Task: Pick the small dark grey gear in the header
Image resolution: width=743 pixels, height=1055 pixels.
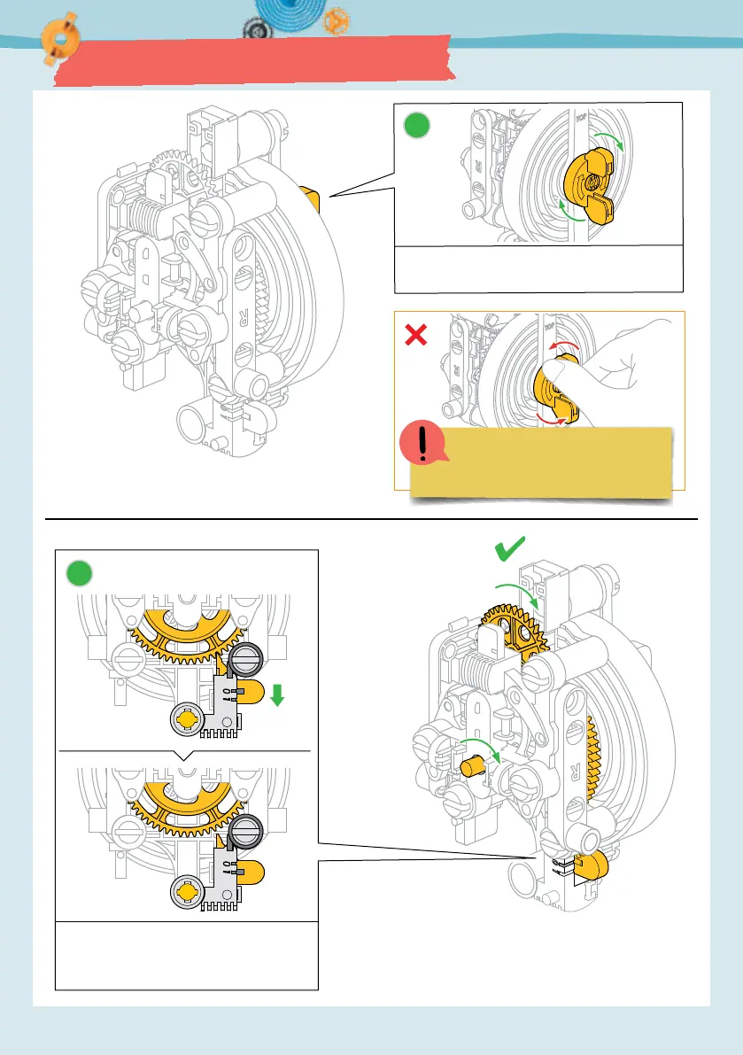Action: [x=254, y=29]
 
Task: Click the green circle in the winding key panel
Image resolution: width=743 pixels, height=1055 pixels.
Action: [x=417, y=128]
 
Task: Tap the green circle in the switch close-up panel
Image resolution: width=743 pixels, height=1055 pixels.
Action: [x=81, y=574]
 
